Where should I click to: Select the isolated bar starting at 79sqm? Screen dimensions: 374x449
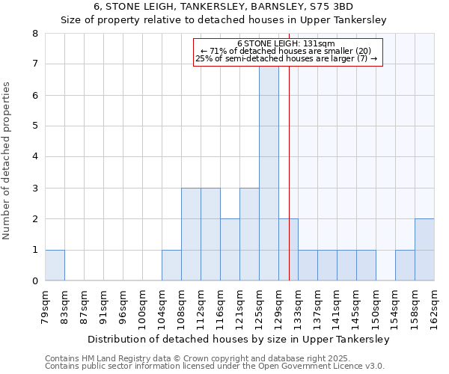[x=55, y=265]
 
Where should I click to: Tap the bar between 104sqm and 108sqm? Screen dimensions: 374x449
[x=171, y=265]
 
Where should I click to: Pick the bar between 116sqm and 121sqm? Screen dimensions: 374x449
[x=230, y=250]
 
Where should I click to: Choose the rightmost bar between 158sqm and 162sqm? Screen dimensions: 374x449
[x=424, y=250]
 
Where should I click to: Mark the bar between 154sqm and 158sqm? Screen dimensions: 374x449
[x=405, y=265]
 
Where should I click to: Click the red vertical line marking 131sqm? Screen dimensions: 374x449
[x=289, y=187]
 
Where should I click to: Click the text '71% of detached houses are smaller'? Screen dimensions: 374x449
[x=288, y=51]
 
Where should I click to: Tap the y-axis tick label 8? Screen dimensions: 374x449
[x=34, y=34]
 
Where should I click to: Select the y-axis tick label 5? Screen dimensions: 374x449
[x=34, y=126]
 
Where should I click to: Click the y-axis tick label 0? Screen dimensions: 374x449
[x=34, y=281]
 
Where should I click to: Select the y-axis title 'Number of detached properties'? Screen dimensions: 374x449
[x=7, y=161]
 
